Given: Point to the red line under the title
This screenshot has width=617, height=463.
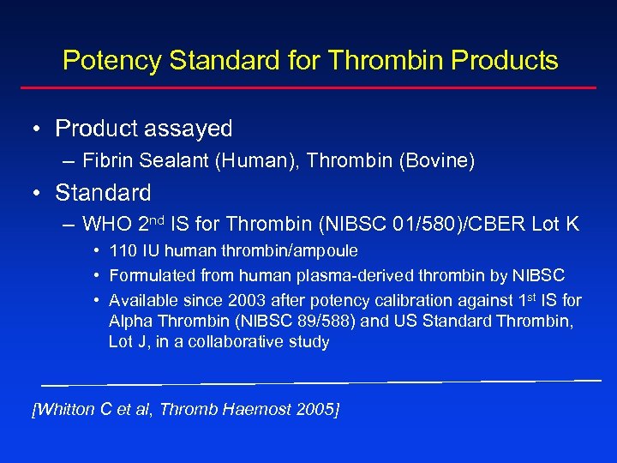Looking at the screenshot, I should pos(308,87).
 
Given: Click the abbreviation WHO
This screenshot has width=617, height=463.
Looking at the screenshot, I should pos(107,225).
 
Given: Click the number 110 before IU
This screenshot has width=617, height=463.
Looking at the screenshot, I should pos(123,251).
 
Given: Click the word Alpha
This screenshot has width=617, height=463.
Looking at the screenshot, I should pos(129,322).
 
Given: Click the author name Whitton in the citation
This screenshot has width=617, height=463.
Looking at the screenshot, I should pos(63,410).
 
